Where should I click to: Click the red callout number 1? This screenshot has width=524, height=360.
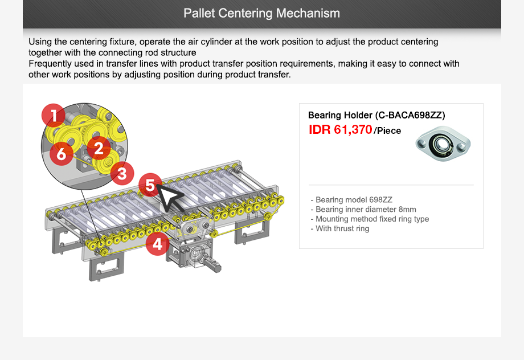[x=53, y=116]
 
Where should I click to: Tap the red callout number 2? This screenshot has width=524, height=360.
[x=99, y=149]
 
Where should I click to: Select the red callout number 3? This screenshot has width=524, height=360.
[x=122, y=173]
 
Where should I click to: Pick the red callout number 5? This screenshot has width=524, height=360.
[x=149, y=185]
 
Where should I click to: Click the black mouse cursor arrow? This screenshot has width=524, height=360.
[x=169, y=196]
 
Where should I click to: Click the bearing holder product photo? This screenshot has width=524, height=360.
[x=443, y=144]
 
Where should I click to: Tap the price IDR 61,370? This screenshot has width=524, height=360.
[x=340, y=130]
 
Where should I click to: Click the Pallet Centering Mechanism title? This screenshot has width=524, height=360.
[x=261, y=13]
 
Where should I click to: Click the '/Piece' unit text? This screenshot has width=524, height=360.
[x=387, y=131]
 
